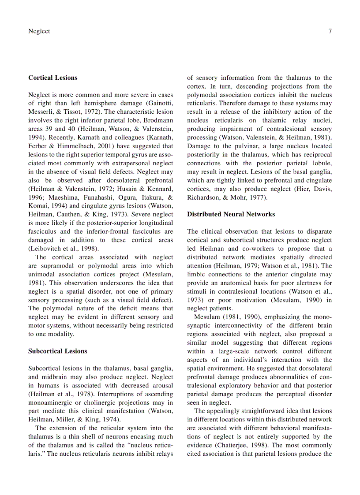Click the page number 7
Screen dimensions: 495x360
(330, 31)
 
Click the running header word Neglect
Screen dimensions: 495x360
(39, 31)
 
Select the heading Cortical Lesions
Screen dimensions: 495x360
(52, 78)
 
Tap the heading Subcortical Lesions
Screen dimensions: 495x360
(58, 351)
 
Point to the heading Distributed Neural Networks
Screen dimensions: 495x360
(231, 214)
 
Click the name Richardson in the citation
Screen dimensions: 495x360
(206, 197)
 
